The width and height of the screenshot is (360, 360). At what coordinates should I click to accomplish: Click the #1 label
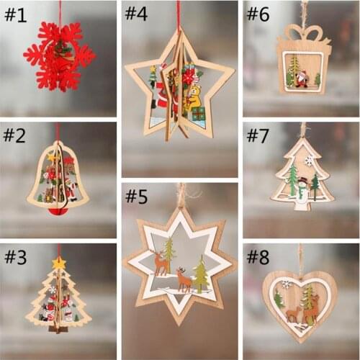pos(15,15)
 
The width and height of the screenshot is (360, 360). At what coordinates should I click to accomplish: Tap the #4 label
pos(136,14)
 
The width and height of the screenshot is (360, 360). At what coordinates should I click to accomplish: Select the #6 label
pos(258,14)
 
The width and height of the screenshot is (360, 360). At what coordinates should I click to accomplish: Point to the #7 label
pos(258,135)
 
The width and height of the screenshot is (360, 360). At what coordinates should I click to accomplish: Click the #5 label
pos(136,196)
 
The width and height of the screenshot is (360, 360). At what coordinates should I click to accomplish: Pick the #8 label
pos(258,257)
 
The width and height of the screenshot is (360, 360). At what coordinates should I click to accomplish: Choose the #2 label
pos(15,135)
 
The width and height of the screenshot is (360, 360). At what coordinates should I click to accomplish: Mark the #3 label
pos(15,257)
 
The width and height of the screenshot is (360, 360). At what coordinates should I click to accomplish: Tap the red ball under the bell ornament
pos(58,210)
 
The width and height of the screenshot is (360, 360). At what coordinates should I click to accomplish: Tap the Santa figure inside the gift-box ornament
pos(302,78)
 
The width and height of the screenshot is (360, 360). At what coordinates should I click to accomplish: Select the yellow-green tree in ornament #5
pos(199,274)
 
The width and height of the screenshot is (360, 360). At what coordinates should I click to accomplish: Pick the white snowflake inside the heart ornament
pos(286,284)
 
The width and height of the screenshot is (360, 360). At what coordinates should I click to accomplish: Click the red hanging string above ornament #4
pos(179,14)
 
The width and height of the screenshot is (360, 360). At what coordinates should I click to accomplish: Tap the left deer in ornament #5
pos(161,264)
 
